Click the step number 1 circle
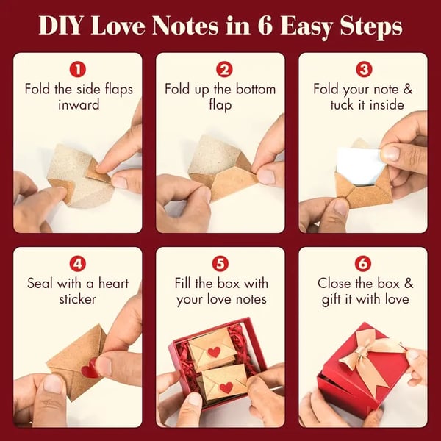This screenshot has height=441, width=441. click(x=78, y=71)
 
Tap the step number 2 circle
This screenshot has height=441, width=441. click(x=220, y=71)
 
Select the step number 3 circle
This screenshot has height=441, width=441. click(x=364, y=71)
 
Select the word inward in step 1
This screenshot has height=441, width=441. click(x=78, y=105)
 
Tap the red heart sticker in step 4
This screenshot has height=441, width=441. click(x=89, y=370)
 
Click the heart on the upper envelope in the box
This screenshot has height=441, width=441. click(x=213, y=351)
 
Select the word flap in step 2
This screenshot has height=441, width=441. click(x=220, y=105)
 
